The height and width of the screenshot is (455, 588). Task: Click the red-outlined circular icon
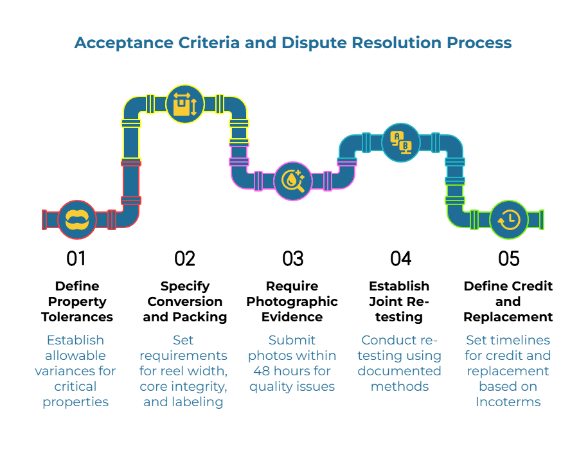click(x=77, y=220)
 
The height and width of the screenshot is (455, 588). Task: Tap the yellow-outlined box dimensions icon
click(x=185, y=104)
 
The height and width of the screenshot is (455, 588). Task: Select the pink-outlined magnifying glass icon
click(x=293, y=181)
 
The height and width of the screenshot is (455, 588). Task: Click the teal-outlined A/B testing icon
click(x=401, y=143)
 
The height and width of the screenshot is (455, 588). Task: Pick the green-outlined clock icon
click(x=509, y=220)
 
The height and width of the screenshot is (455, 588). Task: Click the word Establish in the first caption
click(x=75, y=340)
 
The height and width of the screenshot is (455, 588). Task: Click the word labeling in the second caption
click(x=197, y=402)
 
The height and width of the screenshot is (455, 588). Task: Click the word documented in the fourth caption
click(x=399, y=371)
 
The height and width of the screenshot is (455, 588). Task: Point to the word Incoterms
click(x=508, y=402)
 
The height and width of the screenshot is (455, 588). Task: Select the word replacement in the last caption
click(x=508, y=371)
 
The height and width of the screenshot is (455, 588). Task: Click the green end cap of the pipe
click(x=542, y=220)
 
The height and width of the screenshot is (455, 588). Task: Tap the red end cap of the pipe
click(x=44, y=220)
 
